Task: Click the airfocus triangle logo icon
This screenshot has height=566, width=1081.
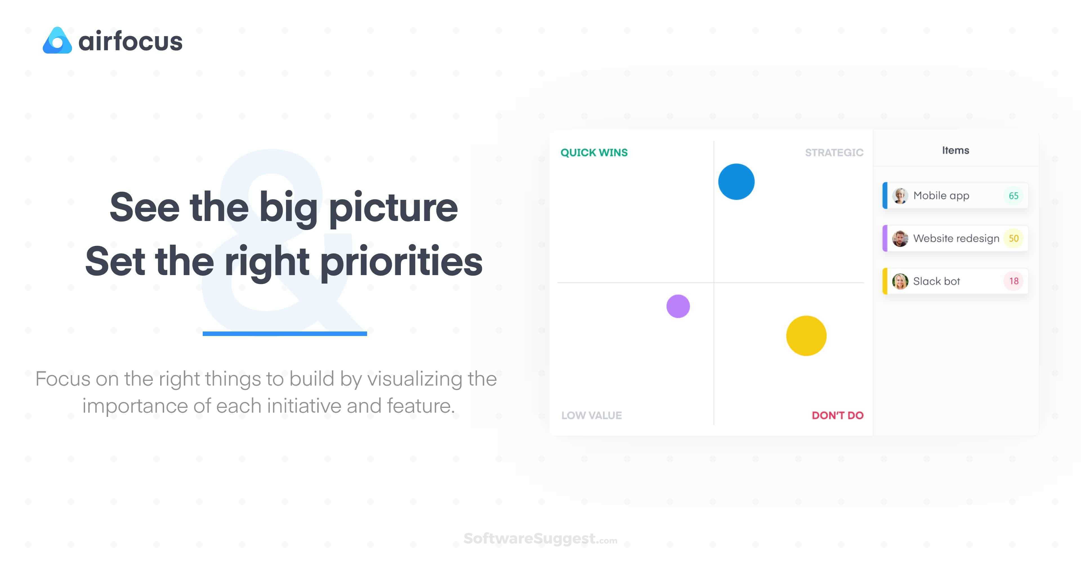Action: (x=57, y=41)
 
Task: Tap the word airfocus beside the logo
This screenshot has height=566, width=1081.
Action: (x=131, y=41)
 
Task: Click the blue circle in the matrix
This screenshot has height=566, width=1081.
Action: (x=736, y=182)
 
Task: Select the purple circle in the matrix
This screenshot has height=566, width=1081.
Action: (x=678, y=306)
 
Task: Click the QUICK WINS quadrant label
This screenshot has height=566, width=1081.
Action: (x=594, y=152)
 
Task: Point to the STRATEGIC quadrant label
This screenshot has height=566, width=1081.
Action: (x=834, y=152)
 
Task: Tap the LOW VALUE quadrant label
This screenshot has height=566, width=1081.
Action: (x=591, y=415)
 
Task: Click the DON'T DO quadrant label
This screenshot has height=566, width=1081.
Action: (x=837, y=415)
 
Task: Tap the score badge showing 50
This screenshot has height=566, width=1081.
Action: (x=1013, y=238)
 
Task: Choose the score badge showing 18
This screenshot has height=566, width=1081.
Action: (x=1013, y=281)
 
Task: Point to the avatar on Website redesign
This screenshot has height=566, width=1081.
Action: (x=900, y=238)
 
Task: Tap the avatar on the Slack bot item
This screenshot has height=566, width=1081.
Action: (x=900, y=281)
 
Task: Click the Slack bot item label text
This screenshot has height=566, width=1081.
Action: (x=936, y=281)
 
